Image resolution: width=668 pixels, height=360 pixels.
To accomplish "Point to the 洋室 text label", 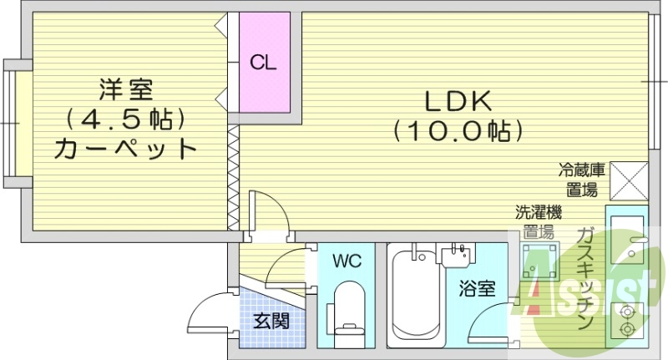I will click(x=126, y=87).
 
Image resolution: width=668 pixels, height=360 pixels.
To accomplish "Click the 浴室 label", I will click(x=478, y=289).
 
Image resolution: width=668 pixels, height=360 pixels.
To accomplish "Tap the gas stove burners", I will click(x=628, y=318).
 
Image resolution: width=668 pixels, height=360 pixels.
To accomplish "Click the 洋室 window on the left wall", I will click(x=10, y=122).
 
